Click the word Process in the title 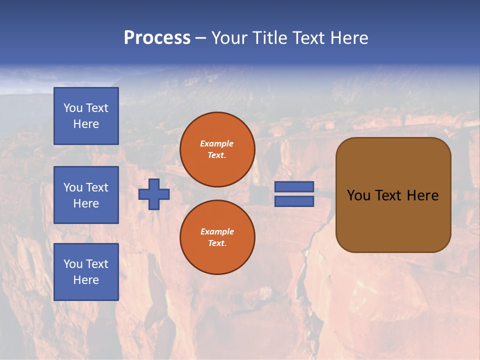tap(157, 38)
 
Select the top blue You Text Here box tap(86, 116)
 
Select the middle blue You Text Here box tap(86, 195)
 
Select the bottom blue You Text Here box tap(86, 272)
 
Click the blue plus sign tap(154, 194)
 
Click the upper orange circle tap(217, 149)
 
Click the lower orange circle tap(217, 237)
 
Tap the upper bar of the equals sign tap(294, 187)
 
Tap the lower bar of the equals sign tap(294, 201)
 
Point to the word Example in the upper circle tap(217, 143)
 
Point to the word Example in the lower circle tap(217, 231)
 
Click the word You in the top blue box tap(72, 108)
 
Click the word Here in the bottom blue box tap(86, 280)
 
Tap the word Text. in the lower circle tap(217, 243)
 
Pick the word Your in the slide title tap(230, 38)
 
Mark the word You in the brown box tap(358, 195)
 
